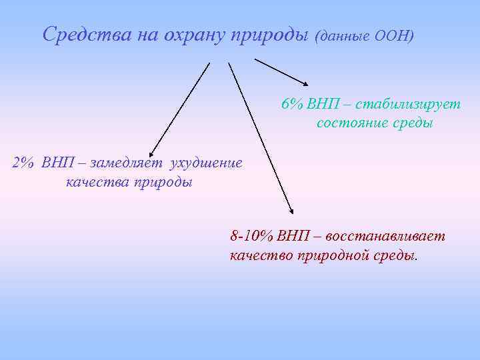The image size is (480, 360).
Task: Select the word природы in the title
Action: [270, 34]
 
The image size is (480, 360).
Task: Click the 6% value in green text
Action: [292, 105]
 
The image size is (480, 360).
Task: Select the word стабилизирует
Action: [408, 105]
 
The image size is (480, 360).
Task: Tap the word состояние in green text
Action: [348, 123]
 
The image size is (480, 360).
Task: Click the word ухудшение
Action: [207, 163]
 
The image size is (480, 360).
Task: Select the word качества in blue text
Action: [94, 182]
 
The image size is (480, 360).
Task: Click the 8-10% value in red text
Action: [251, 236]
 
